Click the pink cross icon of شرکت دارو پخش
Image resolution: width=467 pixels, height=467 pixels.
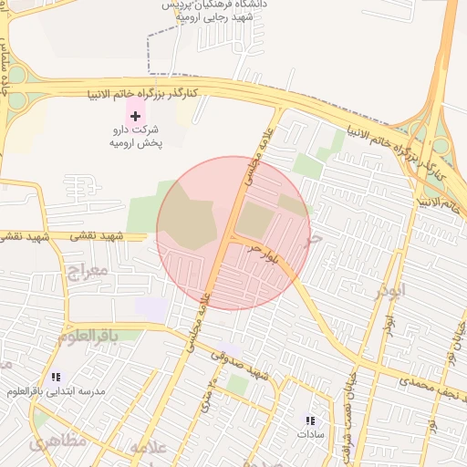(x=136, y=116)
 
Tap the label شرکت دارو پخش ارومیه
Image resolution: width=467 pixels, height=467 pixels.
(x=135, y=137)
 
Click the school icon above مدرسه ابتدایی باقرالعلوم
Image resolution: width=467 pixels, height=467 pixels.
(x=57, y=376)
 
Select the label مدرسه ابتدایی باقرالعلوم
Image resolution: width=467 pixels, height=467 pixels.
(x=57, y=391)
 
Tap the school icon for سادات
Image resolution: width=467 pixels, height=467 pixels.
(x=310, y=420)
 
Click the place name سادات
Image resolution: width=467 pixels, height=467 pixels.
(x=310, y=435)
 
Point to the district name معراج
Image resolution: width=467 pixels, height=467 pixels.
(x=88, y=271)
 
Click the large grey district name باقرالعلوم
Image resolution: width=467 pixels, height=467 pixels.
(x=88, y=336)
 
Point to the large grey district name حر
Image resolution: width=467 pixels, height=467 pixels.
(x=315, y=240)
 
